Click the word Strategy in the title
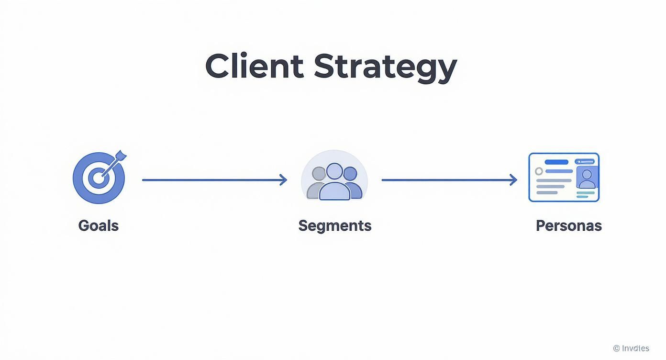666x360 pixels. [385, 67]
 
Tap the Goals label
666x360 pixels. [98, 225]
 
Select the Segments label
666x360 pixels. [334, 225]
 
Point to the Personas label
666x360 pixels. [568, 225]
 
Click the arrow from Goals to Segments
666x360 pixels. [214, 180]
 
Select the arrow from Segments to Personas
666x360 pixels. [449, 180]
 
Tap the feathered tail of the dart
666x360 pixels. [120, 156]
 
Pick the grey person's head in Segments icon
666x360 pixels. [319, 173]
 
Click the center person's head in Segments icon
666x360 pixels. [334, 171]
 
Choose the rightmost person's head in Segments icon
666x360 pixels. [350, 173]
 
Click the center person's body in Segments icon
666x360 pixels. [334, 191]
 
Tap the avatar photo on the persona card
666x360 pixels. [587, 178]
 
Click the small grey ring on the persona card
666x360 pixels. [539, 171]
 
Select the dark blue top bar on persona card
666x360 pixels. [556, 162]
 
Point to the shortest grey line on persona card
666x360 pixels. [546, 192]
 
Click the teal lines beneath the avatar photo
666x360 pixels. [586, 194]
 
